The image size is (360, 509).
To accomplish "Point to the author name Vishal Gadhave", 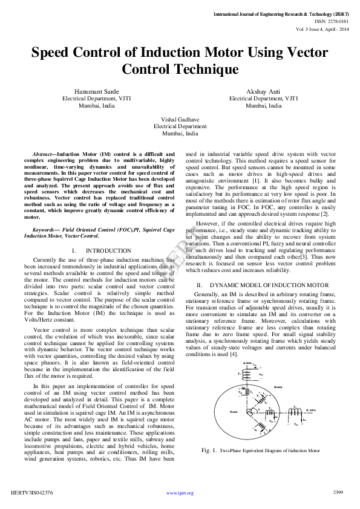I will click(x=180, y=120).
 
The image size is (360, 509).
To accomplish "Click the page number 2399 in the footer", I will click(x=338, y=493).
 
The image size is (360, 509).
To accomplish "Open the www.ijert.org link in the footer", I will click(x=180, y=493).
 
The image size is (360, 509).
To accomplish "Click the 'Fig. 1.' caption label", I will click(x=209, y=450).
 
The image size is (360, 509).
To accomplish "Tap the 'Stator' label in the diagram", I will click(x=278, y=386).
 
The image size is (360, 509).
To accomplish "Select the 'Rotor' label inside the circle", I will click(x=234, y=412).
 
